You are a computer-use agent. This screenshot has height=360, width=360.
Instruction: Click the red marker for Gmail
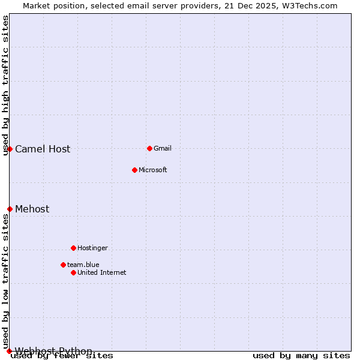[149, 148]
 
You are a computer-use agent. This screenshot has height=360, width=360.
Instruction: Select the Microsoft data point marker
[134, 170]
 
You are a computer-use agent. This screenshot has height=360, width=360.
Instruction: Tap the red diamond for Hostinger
[73, 248]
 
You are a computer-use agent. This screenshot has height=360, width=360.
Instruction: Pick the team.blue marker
[63, 265]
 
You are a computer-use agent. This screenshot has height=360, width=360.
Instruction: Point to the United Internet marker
[73, 272]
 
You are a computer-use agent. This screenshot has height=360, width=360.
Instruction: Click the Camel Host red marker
[10, 149]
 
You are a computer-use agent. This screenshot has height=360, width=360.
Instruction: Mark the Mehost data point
[10, 209]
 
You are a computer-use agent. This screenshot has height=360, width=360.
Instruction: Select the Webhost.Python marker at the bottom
[10, 351]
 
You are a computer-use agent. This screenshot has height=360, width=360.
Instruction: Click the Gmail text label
[163, 148]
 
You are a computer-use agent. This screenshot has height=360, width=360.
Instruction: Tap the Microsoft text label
[153, 170]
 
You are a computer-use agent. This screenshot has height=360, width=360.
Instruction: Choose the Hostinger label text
[92, 248]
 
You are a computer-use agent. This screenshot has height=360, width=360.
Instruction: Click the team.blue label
[83, 265]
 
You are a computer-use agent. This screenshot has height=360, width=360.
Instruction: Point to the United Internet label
[102, 272]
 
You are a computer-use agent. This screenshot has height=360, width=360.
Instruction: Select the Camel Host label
[43, 149]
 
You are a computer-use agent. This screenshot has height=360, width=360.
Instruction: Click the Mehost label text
[32, 209]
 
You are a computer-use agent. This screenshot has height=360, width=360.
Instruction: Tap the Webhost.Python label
[53, 351]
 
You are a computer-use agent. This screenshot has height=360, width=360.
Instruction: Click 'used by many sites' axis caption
[301, 356]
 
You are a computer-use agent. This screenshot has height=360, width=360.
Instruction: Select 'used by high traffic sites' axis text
[5, 86]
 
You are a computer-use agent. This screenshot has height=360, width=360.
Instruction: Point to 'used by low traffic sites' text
[5, 281]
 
